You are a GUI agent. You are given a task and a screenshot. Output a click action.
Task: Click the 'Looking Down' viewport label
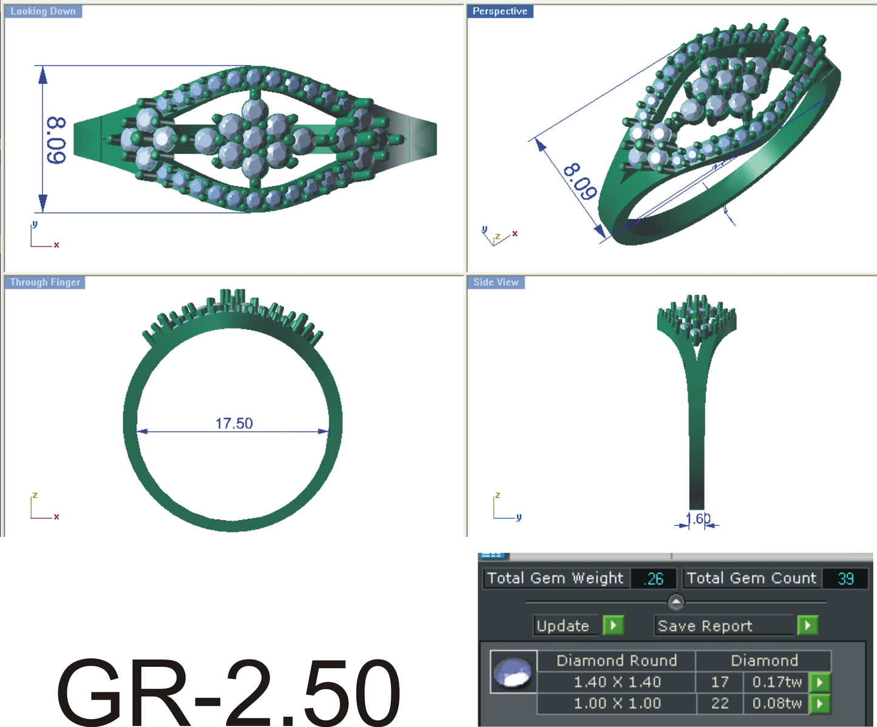click(43, 12)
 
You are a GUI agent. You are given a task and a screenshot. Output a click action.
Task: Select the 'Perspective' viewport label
click(499, 12)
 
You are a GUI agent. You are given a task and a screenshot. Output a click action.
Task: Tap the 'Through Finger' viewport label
click(45, 282)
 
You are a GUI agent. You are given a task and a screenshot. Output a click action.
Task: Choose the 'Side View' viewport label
click(496, 282)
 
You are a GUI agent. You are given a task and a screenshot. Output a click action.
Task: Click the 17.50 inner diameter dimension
click(234, 423)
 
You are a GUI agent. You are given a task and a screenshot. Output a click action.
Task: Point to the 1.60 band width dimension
click(697, 519)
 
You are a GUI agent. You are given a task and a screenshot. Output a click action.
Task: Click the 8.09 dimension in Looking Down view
click(56, 140)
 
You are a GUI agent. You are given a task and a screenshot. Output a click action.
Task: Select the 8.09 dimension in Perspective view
click(580, 182)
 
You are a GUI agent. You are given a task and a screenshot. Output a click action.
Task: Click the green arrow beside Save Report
click(807, 625)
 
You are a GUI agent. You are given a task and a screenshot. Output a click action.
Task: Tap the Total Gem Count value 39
click(845, 578)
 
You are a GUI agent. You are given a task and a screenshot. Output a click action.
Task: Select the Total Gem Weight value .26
click(654, 578)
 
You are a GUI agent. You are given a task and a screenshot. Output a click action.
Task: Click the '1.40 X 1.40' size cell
click(617, 682)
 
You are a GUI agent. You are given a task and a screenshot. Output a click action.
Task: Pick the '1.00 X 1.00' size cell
click(617, 703)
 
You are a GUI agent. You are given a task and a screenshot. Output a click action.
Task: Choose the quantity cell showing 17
click(719, 682)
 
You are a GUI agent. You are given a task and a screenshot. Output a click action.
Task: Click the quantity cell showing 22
click(719, 703)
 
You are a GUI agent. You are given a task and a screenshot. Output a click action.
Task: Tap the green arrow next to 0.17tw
click(820, 682)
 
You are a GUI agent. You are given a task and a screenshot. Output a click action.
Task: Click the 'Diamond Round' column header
click(617, 660)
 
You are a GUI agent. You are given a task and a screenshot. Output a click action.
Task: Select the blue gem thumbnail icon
click(513, 672)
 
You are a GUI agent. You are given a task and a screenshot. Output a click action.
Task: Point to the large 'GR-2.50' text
click(228, 692)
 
